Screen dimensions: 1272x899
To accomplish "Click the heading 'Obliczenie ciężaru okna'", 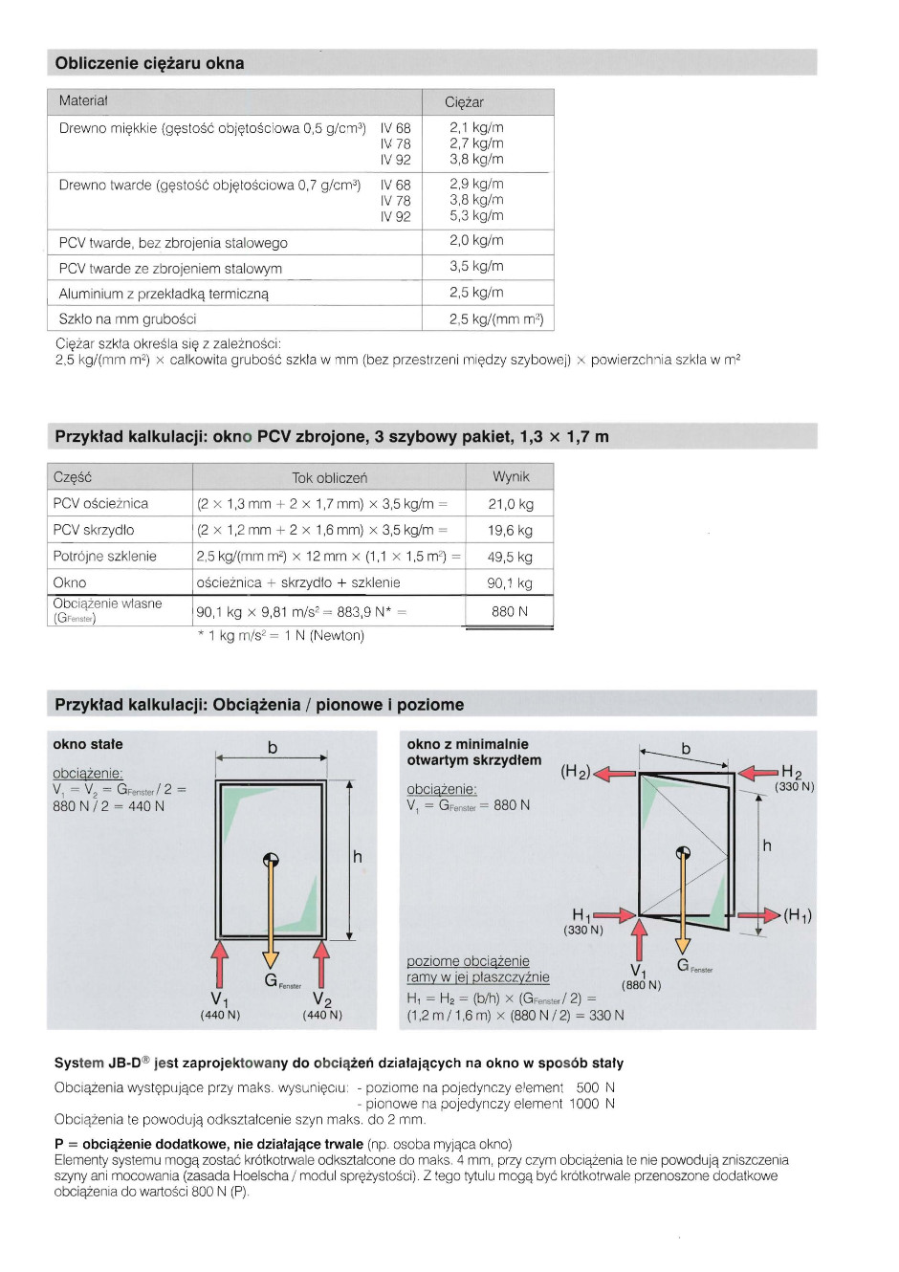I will (149, 63).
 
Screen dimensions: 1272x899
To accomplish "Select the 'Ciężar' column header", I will (464, 102).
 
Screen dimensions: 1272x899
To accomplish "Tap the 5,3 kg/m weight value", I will (476, 216).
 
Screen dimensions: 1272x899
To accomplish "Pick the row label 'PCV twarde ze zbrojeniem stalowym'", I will (170, 269).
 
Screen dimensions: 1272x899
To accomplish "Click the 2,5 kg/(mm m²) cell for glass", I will (495, 319).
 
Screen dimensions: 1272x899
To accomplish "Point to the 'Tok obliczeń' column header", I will (329, 477).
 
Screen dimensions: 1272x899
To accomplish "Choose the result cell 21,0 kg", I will (511, 504).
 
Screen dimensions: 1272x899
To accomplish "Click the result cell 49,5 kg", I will (510, 557).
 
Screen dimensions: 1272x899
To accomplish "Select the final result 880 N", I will (510, 611).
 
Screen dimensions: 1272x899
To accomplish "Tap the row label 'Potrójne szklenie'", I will (104, 557).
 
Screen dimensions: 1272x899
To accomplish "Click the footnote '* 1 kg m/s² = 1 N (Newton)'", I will (280, 636).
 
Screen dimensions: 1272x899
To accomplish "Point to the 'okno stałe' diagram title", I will (88, 744).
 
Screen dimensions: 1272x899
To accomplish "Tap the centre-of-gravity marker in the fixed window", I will (271, 859).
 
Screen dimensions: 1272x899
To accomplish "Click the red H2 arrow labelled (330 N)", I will (760, 773).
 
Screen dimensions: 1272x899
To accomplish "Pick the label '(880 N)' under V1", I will (641, 985).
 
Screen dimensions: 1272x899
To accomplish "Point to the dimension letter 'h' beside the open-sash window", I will (767, 845).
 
